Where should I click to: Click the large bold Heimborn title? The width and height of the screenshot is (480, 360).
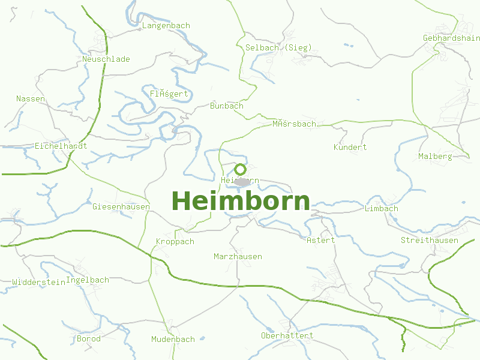click(x=241, y=201)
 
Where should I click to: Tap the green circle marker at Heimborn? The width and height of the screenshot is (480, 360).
click(x=240, y=170)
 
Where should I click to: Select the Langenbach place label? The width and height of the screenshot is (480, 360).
click(x=166, y=26)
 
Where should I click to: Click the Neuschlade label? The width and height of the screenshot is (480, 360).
click(x=106, y=59)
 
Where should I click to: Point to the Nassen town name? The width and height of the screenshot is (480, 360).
click(x=31, y=98)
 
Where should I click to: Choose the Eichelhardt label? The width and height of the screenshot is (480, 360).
click(x=61, y=146)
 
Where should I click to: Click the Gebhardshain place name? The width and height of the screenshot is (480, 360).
click(x=451, y=38)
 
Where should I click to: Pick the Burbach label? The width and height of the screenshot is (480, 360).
click(x=227, y=106)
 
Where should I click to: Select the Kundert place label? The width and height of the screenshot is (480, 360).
click(x=350, y=147)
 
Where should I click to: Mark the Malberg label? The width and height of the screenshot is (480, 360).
click(x=435, y=157)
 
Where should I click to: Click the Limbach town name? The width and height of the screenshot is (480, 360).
click(x=382, y=208)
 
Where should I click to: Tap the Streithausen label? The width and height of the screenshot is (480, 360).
click(x=430, y=241)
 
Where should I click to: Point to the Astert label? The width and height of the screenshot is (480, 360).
click(x=320, y=240)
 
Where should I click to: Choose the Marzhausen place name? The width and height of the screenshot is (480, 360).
click(x=238, y=257)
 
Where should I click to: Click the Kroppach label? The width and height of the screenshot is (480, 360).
click(x=175, y=242)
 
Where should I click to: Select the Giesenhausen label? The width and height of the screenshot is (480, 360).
click(x=121, y=207)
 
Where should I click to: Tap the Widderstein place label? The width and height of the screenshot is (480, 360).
click(x=37, y=282)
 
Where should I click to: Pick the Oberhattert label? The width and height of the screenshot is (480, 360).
click(x=287, y=336)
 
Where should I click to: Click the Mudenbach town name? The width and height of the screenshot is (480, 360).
click(x=173, y=340)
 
